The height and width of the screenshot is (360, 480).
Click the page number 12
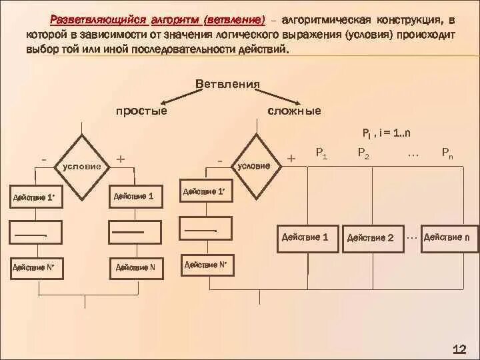(x=459, y=349)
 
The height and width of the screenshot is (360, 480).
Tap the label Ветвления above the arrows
(x=227, y=84)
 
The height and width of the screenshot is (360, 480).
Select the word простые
(x=142, y=111)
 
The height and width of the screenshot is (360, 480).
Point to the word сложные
(x=294, y=111)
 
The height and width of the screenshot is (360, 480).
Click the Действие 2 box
(x=371, y=237)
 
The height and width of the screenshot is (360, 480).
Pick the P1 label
(x=321, y=153)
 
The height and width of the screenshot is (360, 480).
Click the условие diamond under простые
(x=82, y=166)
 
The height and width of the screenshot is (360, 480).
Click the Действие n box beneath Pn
(x=451, y=237)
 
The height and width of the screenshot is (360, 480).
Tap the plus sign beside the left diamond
(x=121, y=159)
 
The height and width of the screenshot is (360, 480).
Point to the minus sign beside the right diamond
(x=220, y=161)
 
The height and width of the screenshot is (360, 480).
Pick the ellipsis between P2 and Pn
(x=413, y=153)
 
